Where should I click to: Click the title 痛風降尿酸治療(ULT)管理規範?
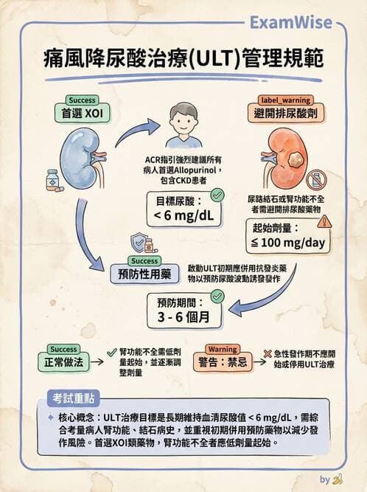[x=183, y=58]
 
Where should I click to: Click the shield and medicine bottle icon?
[x=144, y=244]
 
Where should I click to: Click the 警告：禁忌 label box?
[x=223, y=362]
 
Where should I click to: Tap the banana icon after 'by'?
[x=338, y=479]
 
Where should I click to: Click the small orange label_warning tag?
[x=284, y=100]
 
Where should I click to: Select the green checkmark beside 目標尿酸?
[x=217, y=195]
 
